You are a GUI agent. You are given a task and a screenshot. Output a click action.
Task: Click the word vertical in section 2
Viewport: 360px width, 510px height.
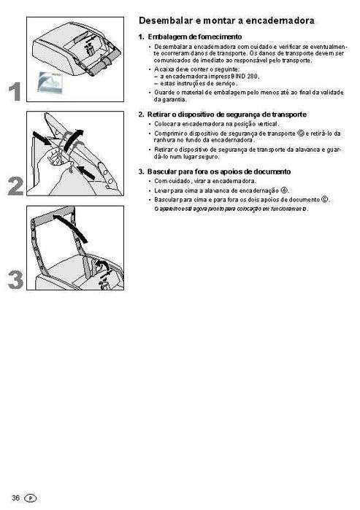[245, 124]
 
